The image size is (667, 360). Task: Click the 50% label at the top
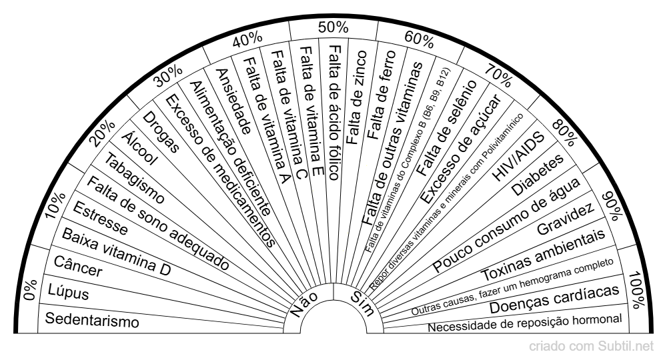(333, 27)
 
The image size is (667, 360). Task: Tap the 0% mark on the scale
(31, 290)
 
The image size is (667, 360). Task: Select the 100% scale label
(637, 290)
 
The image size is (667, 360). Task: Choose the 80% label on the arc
(564, 133)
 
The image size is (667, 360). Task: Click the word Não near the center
(304, 304)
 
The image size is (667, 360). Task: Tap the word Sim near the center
(362, 303)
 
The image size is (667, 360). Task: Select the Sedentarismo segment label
(92, 320)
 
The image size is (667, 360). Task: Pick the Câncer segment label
(78, 267)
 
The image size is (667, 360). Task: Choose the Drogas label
(161, 132)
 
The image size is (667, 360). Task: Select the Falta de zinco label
(356, 97)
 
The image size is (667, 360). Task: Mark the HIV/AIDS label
(518, 157)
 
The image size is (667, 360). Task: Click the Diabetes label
(537, 175)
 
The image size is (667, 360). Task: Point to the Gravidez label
(566, 219)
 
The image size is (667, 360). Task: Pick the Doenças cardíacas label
(554, 299)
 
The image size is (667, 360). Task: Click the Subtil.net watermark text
(626, 347)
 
